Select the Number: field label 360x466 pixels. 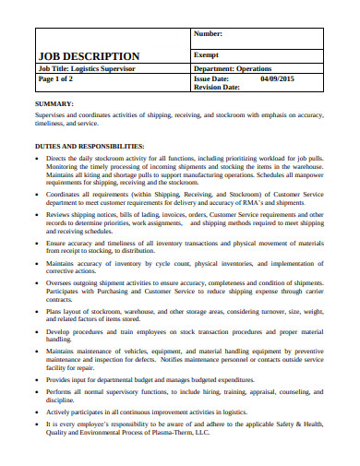point(210,34)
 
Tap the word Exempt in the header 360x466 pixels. point(207,54)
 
